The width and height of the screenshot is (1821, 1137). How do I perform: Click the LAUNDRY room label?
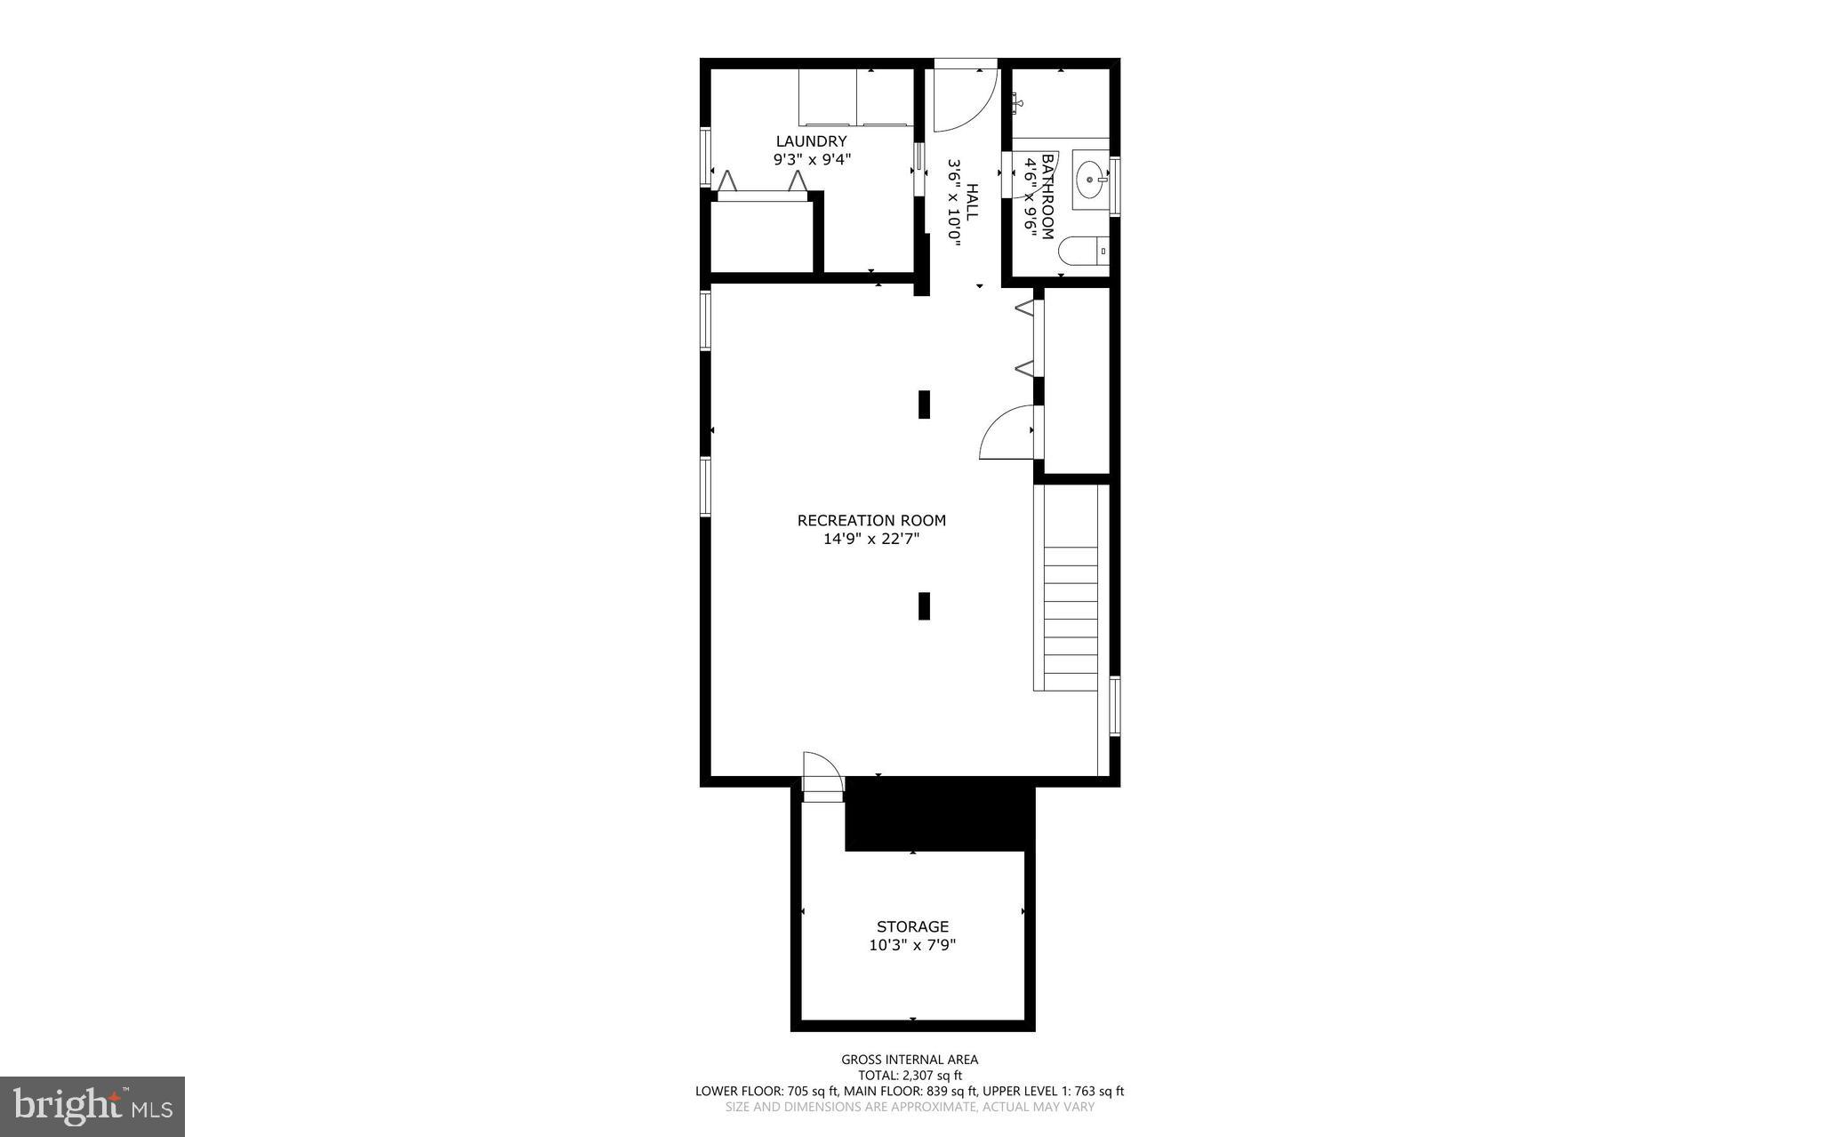point(811,141)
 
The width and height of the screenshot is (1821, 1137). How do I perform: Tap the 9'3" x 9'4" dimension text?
point(812,160)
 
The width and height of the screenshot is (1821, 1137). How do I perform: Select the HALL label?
point(971,203)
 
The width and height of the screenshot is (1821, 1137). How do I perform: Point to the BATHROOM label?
point(1047,196)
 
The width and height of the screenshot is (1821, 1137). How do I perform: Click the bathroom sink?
point(1090,180)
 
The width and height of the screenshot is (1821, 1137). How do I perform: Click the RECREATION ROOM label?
point(871,521)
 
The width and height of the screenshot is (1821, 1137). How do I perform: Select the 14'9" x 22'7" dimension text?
point(871,539)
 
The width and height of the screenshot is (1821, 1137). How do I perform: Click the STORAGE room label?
point(912,927)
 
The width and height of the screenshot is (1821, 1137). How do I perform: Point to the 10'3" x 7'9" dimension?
point(912,946)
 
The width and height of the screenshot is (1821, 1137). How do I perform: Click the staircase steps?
point(1070,618)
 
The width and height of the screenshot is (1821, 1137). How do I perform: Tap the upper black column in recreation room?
point(924,404)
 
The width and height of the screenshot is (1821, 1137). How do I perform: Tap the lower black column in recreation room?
point(924,606)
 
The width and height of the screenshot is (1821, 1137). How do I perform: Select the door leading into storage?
point(822,773)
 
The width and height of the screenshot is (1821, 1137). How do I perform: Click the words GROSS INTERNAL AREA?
point(910,1060)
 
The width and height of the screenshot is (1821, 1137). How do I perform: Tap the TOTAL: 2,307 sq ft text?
point(910,1076)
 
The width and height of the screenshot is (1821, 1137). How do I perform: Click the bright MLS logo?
point(92,1106)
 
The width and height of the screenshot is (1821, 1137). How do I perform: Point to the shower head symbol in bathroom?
point(1017,105)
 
